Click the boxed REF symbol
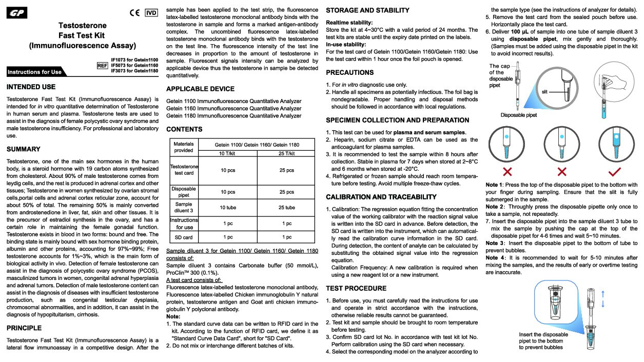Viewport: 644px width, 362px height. click(x=102, y=66)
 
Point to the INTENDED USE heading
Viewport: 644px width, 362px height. click(x=31, y=87)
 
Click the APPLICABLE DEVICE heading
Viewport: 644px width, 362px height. click(x=200, y=89)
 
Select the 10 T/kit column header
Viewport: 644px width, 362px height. click(x=228, y=153)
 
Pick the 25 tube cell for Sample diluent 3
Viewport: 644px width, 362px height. click(x=286, y=208)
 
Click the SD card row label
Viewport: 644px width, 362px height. click(x=184, y=237)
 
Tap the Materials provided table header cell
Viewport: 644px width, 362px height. click(x=184, y=147)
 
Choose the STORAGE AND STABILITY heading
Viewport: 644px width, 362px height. click(x=367, y=10)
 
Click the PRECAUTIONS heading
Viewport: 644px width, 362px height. click(x=350, y=72)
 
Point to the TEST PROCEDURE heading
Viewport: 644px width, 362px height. click(x=356, y=288)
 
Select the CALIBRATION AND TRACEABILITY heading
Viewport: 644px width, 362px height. click(x=381, y=197)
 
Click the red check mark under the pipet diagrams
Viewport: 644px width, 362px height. click(x=614, y=171)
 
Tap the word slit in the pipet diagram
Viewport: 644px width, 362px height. click(x=545, y=91)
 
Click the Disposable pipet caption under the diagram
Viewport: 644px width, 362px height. click(x=519, y=115)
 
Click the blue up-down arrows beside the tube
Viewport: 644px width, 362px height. click(x=603, y=298)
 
